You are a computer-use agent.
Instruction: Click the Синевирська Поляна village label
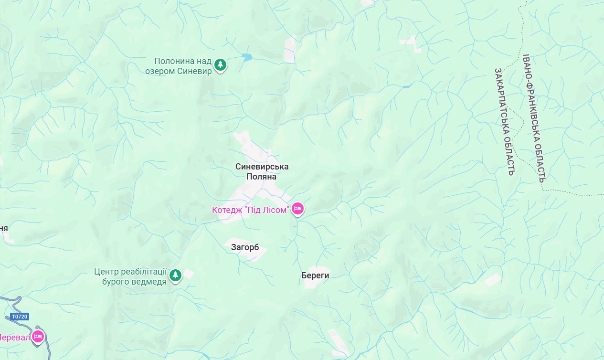point(262,171)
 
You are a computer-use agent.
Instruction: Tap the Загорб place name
point(245,247)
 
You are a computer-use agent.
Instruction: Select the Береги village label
point(315,275)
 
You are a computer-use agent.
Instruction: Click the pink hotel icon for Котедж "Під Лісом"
point(297,209)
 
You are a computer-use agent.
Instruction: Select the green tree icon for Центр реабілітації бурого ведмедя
point(176,275)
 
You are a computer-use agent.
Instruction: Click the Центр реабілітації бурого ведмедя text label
point(130,276)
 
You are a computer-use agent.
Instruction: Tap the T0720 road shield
point(20,317)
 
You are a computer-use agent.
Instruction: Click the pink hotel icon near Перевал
point(38,337)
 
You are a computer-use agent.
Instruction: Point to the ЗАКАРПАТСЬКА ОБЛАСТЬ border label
point(504,121)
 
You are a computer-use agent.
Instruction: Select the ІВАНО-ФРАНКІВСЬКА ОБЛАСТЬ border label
point(533,118)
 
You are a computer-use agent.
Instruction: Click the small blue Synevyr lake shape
point(246,57)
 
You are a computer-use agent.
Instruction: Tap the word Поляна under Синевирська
point(261,177)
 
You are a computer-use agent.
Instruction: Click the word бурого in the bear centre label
point(114,281)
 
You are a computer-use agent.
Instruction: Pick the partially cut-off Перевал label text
point(14,338)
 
